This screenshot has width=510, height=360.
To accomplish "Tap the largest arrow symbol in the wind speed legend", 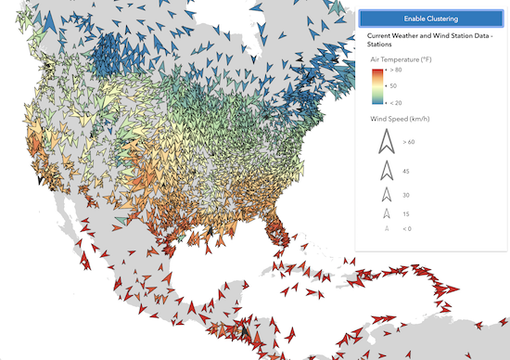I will (x=384, y=142).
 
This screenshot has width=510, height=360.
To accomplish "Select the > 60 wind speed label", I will (x=409, y=142).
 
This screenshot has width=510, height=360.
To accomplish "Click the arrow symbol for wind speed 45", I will (x=384, y=170).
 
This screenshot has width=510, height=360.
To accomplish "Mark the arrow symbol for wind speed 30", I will (x=384, y=195).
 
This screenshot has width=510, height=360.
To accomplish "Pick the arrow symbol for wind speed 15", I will (x=384, y=214).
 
